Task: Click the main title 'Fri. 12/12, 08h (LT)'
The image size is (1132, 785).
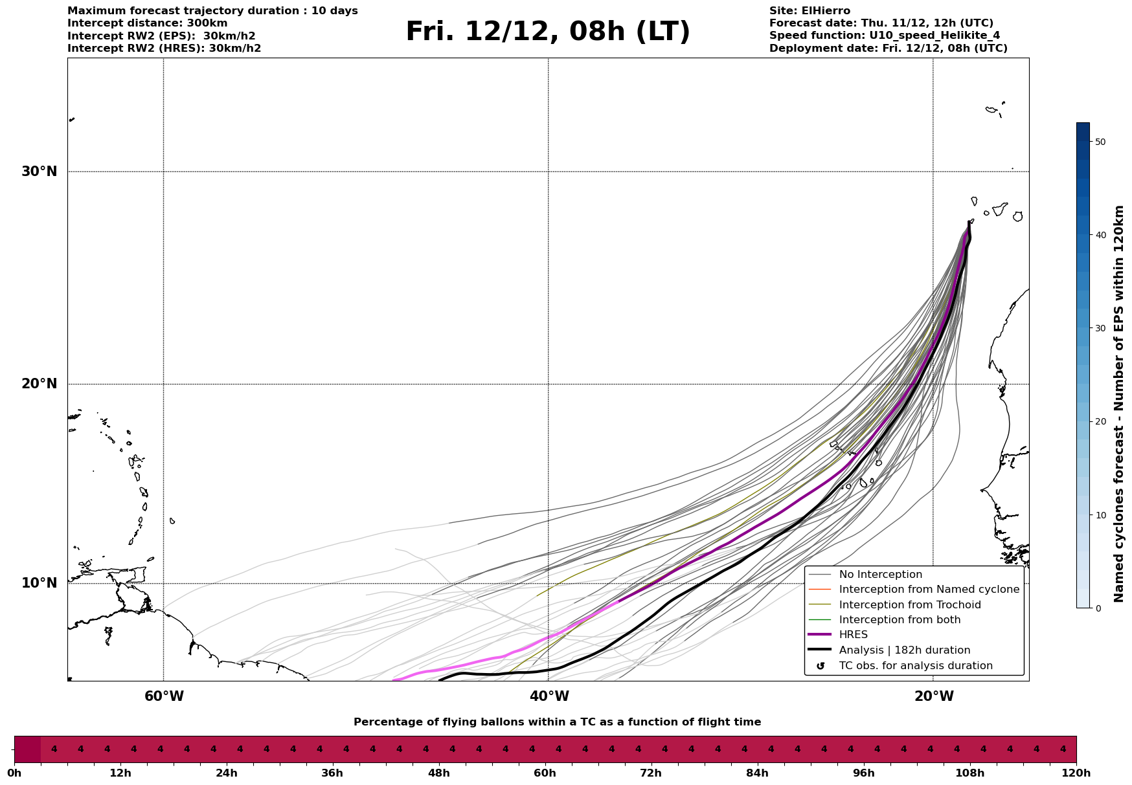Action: [x=548, y=32]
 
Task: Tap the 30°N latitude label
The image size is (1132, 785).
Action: [x=39, y=171]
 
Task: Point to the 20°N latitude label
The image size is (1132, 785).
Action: [x=39, y=384]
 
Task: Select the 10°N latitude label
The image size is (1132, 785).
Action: [x=39, y=583]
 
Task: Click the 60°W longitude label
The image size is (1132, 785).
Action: [x=164, y=696]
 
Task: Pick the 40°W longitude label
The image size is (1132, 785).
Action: [x=549, y=696]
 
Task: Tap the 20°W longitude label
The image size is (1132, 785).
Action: [x=934, y=696]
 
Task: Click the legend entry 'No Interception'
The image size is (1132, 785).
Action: [x=880, y=575]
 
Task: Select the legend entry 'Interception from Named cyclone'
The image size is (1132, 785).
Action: [x=929, y=590]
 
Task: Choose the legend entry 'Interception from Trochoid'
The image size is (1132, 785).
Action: [x=909, y=605]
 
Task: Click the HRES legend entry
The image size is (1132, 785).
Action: [x=853, y=635]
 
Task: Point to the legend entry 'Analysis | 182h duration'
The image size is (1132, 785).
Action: [x=904, y=650]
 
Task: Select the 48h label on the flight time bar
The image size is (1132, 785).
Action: [x=438, y=773]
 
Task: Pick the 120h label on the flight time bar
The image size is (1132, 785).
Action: [x=1076, y=773]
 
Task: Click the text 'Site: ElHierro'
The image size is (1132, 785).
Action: [x=809, y=11]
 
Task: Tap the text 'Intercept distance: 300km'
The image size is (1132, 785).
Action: [x=147, y=23]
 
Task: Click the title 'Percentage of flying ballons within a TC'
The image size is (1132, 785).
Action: [x=557, y=722]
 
